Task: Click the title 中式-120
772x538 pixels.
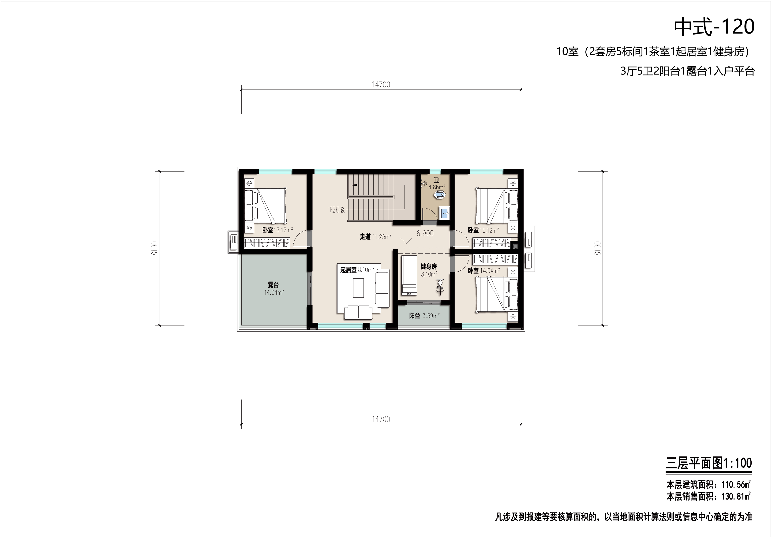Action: [714, 27]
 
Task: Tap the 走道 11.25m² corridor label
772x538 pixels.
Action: [376, 237]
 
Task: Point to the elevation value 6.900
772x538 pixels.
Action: [425, 233]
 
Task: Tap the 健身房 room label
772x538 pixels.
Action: [429, 266]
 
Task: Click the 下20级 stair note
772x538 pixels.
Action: [337, 210]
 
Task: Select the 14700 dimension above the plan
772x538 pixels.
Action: [381, 85]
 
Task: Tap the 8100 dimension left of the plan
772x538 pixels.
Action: [155, 248]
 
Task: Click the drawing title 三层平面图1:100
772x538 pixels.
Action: [709, 463]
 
